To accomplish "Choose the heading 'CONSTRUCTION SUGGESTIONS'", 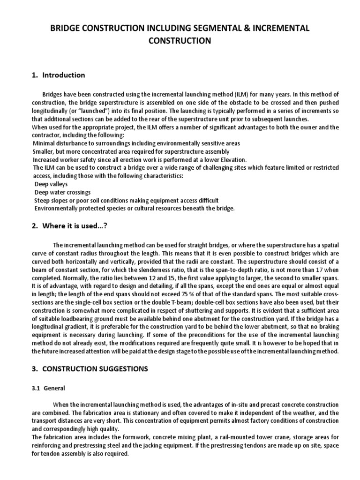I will [x=95, y=369].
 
